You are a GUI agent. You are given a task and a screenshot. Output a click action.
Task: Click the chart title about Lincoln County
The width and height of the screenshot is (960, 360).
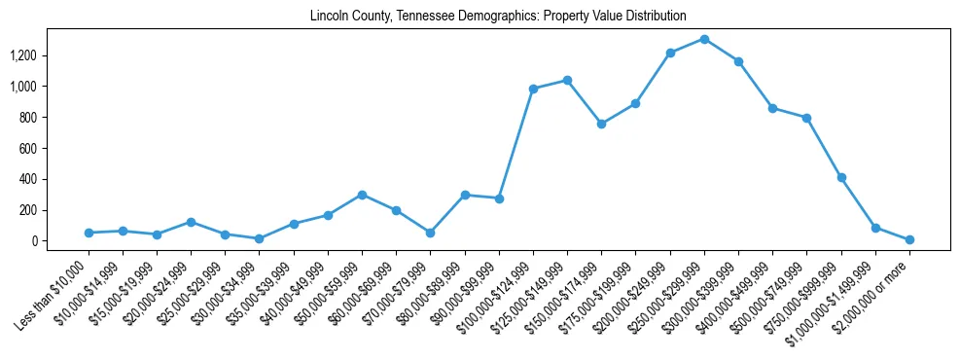pos(498,17)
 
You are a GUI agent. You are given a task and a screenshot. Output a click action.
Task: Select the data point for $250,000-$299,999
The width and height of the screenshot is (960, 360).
pos(704,39)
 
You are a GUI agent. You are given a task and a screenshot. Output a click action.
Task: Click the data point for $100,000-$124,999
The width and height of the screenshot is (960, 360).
pos(533,89)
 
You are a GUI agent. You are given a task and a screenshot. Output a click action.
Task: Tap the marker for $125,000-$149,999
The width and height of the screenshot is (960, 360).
pos(567,80)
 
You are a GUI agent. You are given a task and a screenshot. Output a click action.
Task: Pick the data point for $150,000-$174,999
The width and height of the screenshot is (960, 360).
pos(601,124)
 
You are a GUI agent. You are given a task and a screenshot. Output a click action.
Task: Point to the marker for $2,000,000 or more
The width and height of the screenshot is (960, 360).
pos(909,239)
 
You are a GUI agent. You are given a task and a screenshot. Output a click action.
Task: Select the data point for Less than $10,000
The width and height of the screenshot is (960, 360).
pos(89,233)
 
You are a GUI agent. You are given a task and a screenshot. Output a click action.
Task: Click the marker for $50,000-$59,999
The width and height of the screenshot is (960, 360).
pos(362,195)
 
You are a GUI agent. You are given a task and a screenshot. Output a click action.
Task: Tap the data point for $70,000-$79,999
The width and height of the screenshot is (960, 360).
pos(430,233)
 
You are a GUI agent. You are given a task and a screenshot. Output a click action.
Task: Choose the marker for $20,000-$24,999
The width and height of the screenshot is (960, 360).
pos(191,222)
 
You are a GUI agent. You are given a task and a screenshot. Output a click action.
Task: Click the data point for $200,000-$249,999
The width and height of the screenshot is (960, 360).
pos(670,53)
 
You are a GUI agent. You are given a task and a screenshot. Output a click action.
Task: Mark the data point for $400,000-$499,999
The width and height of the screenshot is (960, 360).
pos(772,108)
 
